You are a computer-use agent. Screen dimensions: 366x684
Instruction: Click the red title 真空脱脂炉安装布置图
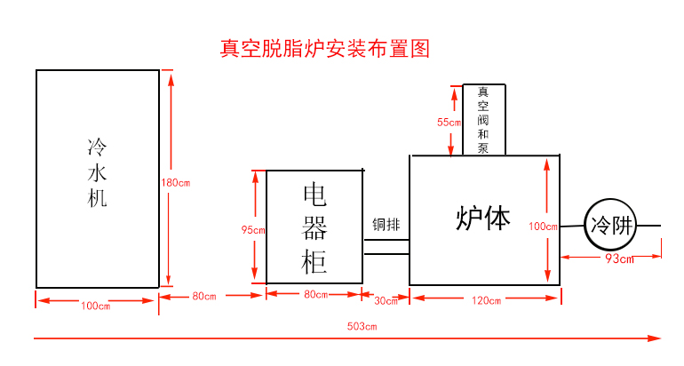click(x=324, y=48)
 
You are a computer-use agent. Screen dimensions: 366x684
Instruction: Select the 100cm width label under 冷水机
click(x=96, y=306)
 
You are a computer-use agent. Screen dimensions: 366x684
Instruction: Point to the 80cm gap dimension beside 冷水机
click(x=204, y=296)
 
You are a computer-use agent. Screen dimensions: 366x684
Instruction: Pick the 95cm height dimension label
click(x=253, y=230)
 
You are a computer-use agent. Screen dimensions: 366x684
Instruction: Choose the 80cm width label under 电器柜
click(x=316, y=294)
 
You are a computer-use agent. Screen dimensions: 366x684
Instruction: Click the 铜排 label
click(x=386, y=224)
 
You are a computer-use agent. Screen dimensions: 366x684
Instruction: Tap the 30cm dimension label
click(x=386, y=301)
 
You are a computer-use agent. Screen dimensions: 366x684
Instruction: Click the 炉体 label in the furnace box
click(x=483, y=219)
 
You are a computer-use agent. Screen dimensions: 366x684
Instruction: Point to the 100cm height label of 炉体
click(x=543, y=226)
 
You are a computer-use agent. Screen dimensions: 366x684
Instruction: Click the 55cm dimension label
click(x=449, y=122)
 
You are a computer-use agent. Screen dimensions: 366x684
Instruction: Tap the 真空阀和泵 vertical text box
click(x=484, y=120)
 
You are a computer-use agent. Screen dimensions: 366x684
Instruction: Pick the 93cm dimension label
click(x=618, y=259)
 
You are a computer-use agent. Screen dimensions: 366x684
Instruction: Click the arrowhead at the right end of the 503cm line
click(x=656, y=338)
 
